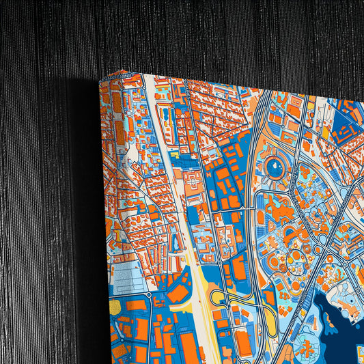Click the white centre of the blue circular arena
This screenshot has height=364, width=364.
click(x=275, y=167)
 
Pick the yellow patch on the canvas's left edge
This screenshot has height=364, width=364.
click(x=114, y=307)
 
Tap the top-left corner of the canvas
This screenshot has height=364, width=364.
click(x=100, y=81)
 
